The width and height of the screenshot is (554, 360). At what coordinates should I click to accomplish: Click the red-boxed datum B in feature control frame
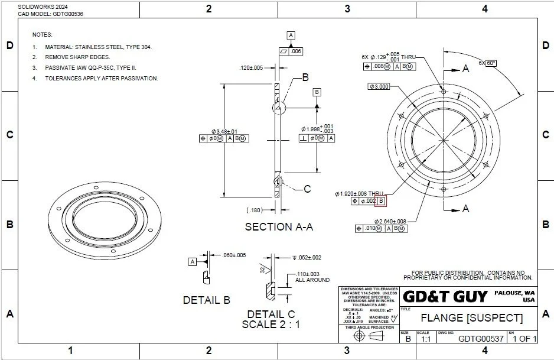pos(380,201)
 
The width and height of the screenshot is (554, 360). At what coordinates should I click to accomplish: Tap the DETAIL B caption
pos(206,300)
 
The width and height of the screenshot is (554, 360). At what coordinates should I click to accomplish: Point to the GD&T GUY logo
pos(445,296)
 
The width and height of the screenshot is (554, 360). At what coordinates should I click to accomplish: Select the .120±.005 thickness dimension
pos(251,68)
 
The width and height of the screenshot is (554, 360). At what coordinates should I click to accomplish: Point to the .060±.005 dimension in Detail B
pos(234,255)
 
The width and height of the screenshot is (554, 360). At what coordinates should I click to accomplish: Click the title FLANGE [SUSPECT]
pos(471,318)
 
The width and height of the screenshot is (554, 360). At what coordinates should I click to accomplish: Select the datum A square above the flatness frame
pos(291,35)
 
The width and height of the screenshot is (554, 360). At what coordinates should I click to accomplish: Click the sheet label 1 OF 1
pos(524,339)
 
